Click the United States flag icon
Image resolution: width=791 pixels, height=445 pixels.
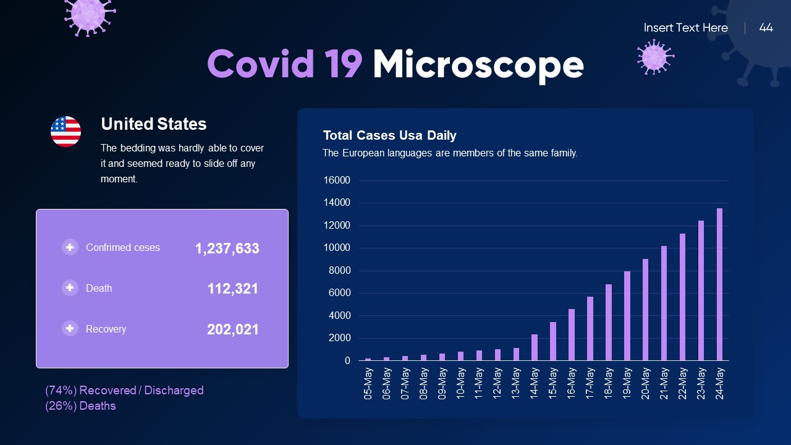click(x=66, y=131)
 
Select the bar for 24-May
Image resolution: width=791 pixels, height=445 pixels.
click(x=719, y=284)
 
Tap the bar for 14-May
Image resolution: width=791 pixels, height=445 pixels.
click(x=535, y=347)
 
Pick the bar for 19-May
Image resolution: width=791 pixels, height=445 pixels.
click(x=627, y=316)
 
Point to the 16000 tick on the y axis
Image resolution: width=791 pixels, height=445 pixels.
click(x=337, y=180)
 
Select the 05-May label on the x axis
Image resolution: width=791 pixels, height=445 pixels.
click(x=368, y=383)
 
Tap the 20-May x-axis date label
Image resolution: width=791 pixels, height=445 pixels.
click(x=646, y=383)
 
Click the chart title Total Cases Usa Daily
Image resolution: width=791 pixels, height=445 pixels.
click(x=389, y=135)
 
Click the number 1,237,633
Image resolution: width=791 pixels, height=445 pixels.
click(x=227, y=248)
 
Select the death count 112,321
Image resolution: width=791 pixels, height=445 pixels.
click(x=232, y=289)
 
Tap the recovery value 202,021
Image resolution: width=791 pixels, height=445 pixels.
click(x=232, y=329)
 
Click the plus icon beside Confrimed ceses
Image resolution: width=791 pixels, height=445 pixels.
click(x=70, y=247)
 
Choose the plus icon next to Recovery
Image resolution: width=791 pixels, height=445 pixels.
click(x=70, y=328)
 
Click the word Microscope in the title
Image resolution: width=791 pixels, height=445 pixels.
click(x=478, y=64)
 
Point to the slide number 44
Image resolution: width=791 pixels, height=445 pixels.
click(x=766, y=28)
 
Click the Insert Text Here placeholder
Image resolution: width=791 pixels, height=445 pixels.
click(x=685, y=28)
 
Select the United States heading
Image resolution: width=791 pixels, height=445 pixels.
click(x=153, y=124)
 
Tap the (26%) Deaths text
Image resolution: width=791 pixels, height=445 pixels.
click(x=80, y=406)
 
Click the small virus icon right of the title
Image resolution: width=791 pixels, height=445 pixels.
click(x=654, y=57)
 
